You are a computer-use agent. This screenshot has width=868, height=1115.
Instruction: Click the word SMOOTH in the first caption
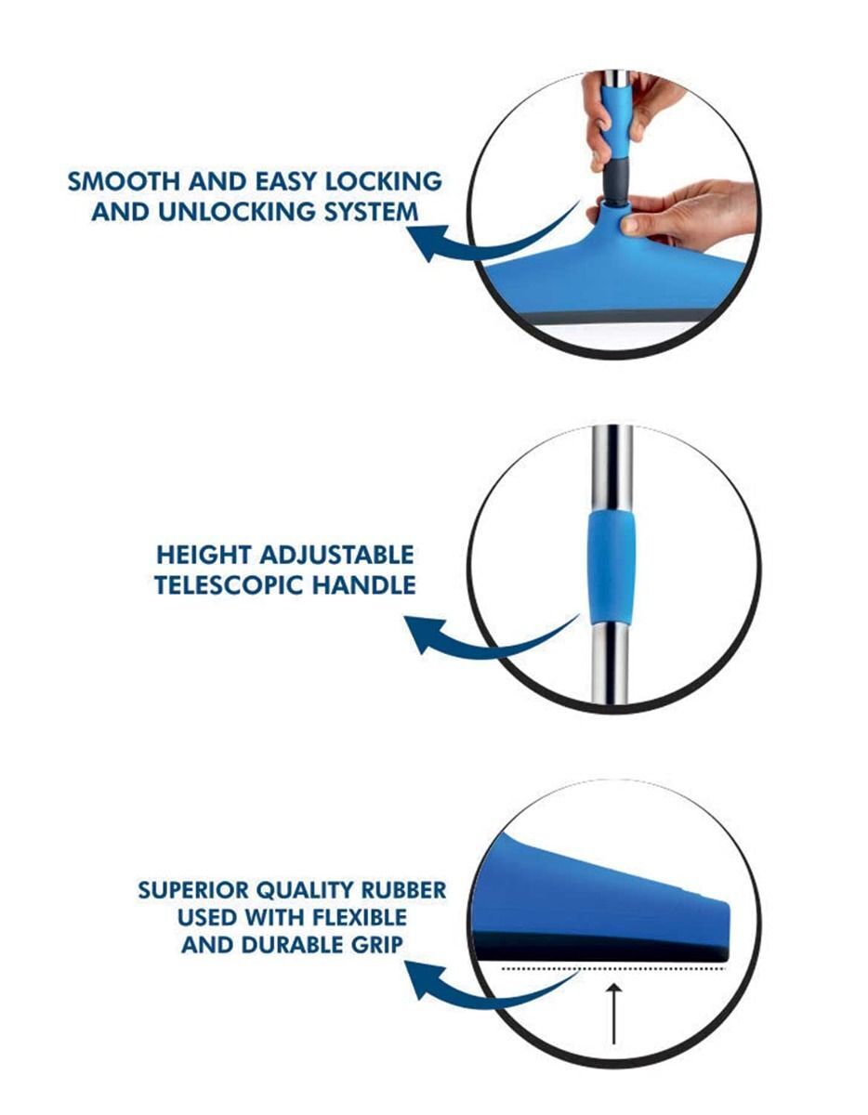[x=124, y=181]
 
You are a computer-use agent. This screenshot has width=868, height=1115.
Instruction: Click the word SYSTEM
[x=371, y=212]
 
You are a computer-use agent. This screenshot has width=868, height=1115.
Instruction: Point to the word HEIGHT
[x=204, y=556]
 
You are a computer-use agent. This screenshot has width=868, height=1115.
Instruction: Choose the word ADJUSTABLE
[x=336, y=556]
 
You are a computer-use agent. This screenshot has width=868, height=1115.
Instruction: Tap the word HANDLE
[x=364, y=585]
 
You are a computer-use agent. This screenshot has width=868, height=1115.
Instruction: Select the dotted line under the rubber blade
[x=613, y=969]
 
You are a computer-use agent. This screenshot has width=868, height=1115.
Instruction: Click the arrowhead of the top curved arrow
[x=427, y=243]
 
